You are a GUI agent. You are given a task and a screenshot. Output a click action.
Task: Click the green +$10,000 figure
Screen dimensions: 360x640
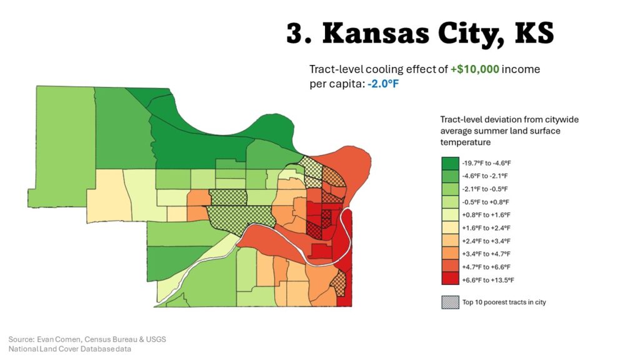click(x=474, y=69)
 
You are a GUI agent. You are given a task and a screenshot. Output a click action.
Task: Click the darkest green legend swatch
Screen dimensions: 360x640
click(x=450, y=162)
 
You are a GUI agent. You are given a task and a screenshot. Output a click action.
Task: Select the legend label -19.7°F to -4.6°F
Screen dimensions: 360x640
click(x=491, y=162)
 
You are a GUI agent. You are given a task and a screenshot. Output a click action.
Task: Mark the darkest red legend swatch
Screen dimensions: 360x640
click(x=450, y=280)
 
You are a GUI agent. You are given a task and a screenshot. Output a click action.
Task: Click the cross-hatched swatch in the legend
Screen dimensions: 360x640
click(x=450, y=302)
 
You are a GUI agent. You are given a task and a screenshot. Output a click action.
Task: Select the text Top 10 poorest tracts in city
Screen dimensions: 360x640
click(x=504, y=302)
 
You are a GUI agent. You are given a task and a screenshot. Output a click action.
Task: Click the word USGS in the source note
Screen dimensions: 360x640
click(x=156, y=339)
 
